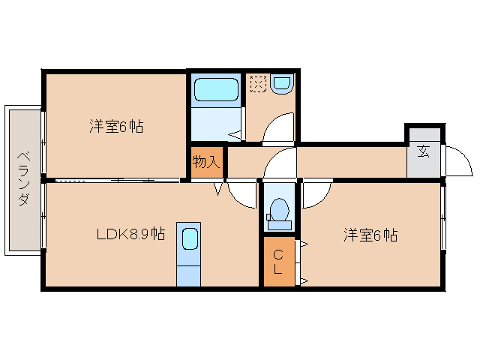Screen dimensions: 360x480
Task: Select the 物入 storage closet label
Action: coord(206,161)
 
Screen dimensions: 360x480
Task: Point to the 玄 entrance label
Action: coord(424,151)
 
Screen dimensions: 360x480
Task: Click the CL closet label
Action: coord(277,262)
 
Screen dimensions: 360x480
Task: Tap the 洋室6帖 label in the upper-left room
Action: coord(116,126)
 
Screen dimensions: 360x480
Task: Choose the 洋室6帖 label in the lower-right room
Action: coord(370,235)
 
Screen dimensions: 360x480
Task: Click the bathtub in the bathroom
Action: coord(216,89)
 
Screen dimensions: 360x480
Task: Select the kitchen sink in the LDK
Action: coord(189,240)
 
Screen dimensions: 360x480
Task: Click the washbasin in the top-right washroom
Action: coord(283,83)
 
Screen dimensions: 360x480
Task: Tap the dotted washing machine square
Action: coord(258,84)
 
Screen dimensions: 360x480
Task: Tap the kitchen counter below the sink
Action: coord(189,271)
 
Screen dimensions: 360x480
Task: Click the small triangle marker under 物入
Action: coord(219,189)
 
